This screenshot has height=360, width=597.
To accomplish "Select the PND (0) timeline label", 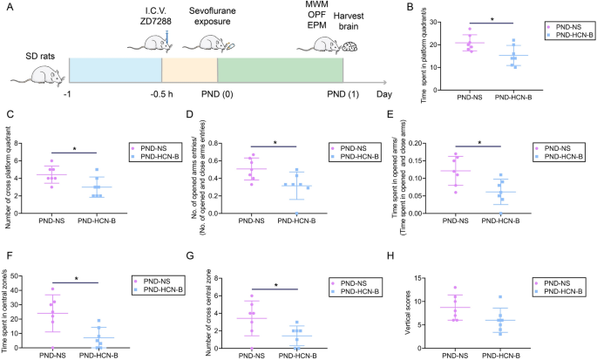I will click(220, 92).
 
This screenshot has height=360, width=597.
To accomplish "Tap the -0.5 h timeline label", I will click(161, 92).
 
